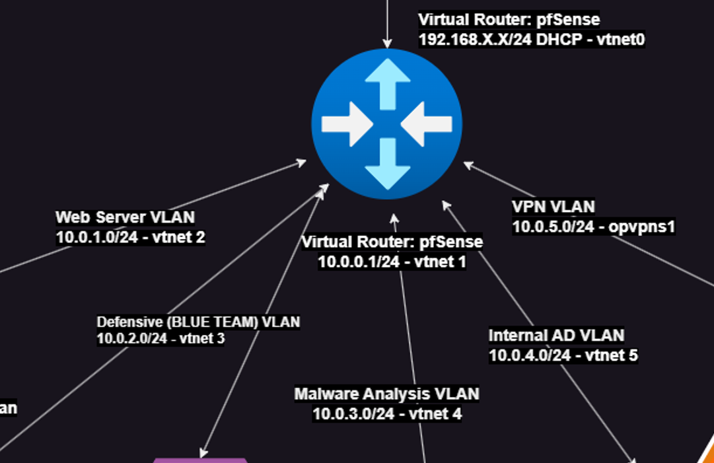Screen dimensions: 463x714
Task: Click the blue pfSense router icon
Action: [387, 124]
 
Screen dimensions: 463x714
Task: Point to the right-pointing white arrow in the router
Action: [347, 124]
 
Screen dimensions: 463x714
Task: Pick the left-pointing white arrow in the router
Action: [427, 124]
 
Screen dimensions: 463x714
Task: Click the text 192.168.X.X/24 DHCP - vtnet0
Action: [532, 40]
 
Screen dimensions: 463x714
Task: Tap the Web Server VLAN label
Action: [125, 217]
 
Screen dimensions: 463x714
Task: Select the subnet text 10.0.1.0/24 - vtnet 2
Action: [130, 237]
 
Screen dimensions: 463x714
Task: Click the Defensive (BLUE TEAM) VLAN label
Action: [198, 322]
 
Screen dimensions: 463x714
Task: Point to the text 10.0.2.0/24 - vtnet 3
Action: [161, 339]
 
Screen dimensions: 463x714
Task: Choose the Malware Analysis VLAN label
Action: [386, 394]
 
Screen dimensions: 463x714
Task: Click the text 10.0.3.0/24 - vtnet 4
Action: [386, 414]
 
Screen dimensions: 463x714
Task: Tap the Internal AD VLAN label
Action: [556, 336]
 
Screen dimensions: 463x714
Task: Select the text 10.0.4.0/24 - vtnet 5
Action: [563, 355]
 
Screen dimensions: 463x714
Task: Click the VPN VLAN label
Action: [553, 207]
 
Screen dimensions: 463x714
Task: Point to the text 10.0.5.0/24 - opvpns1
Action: [594, 227]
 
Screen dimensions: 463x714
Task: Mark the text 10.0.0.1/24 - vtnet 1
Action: [392, 262]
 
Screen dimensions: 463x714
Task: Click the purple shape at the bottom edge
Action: [200, 460]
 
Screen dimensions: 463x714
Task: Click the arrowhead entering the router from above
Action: [387, 44]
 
